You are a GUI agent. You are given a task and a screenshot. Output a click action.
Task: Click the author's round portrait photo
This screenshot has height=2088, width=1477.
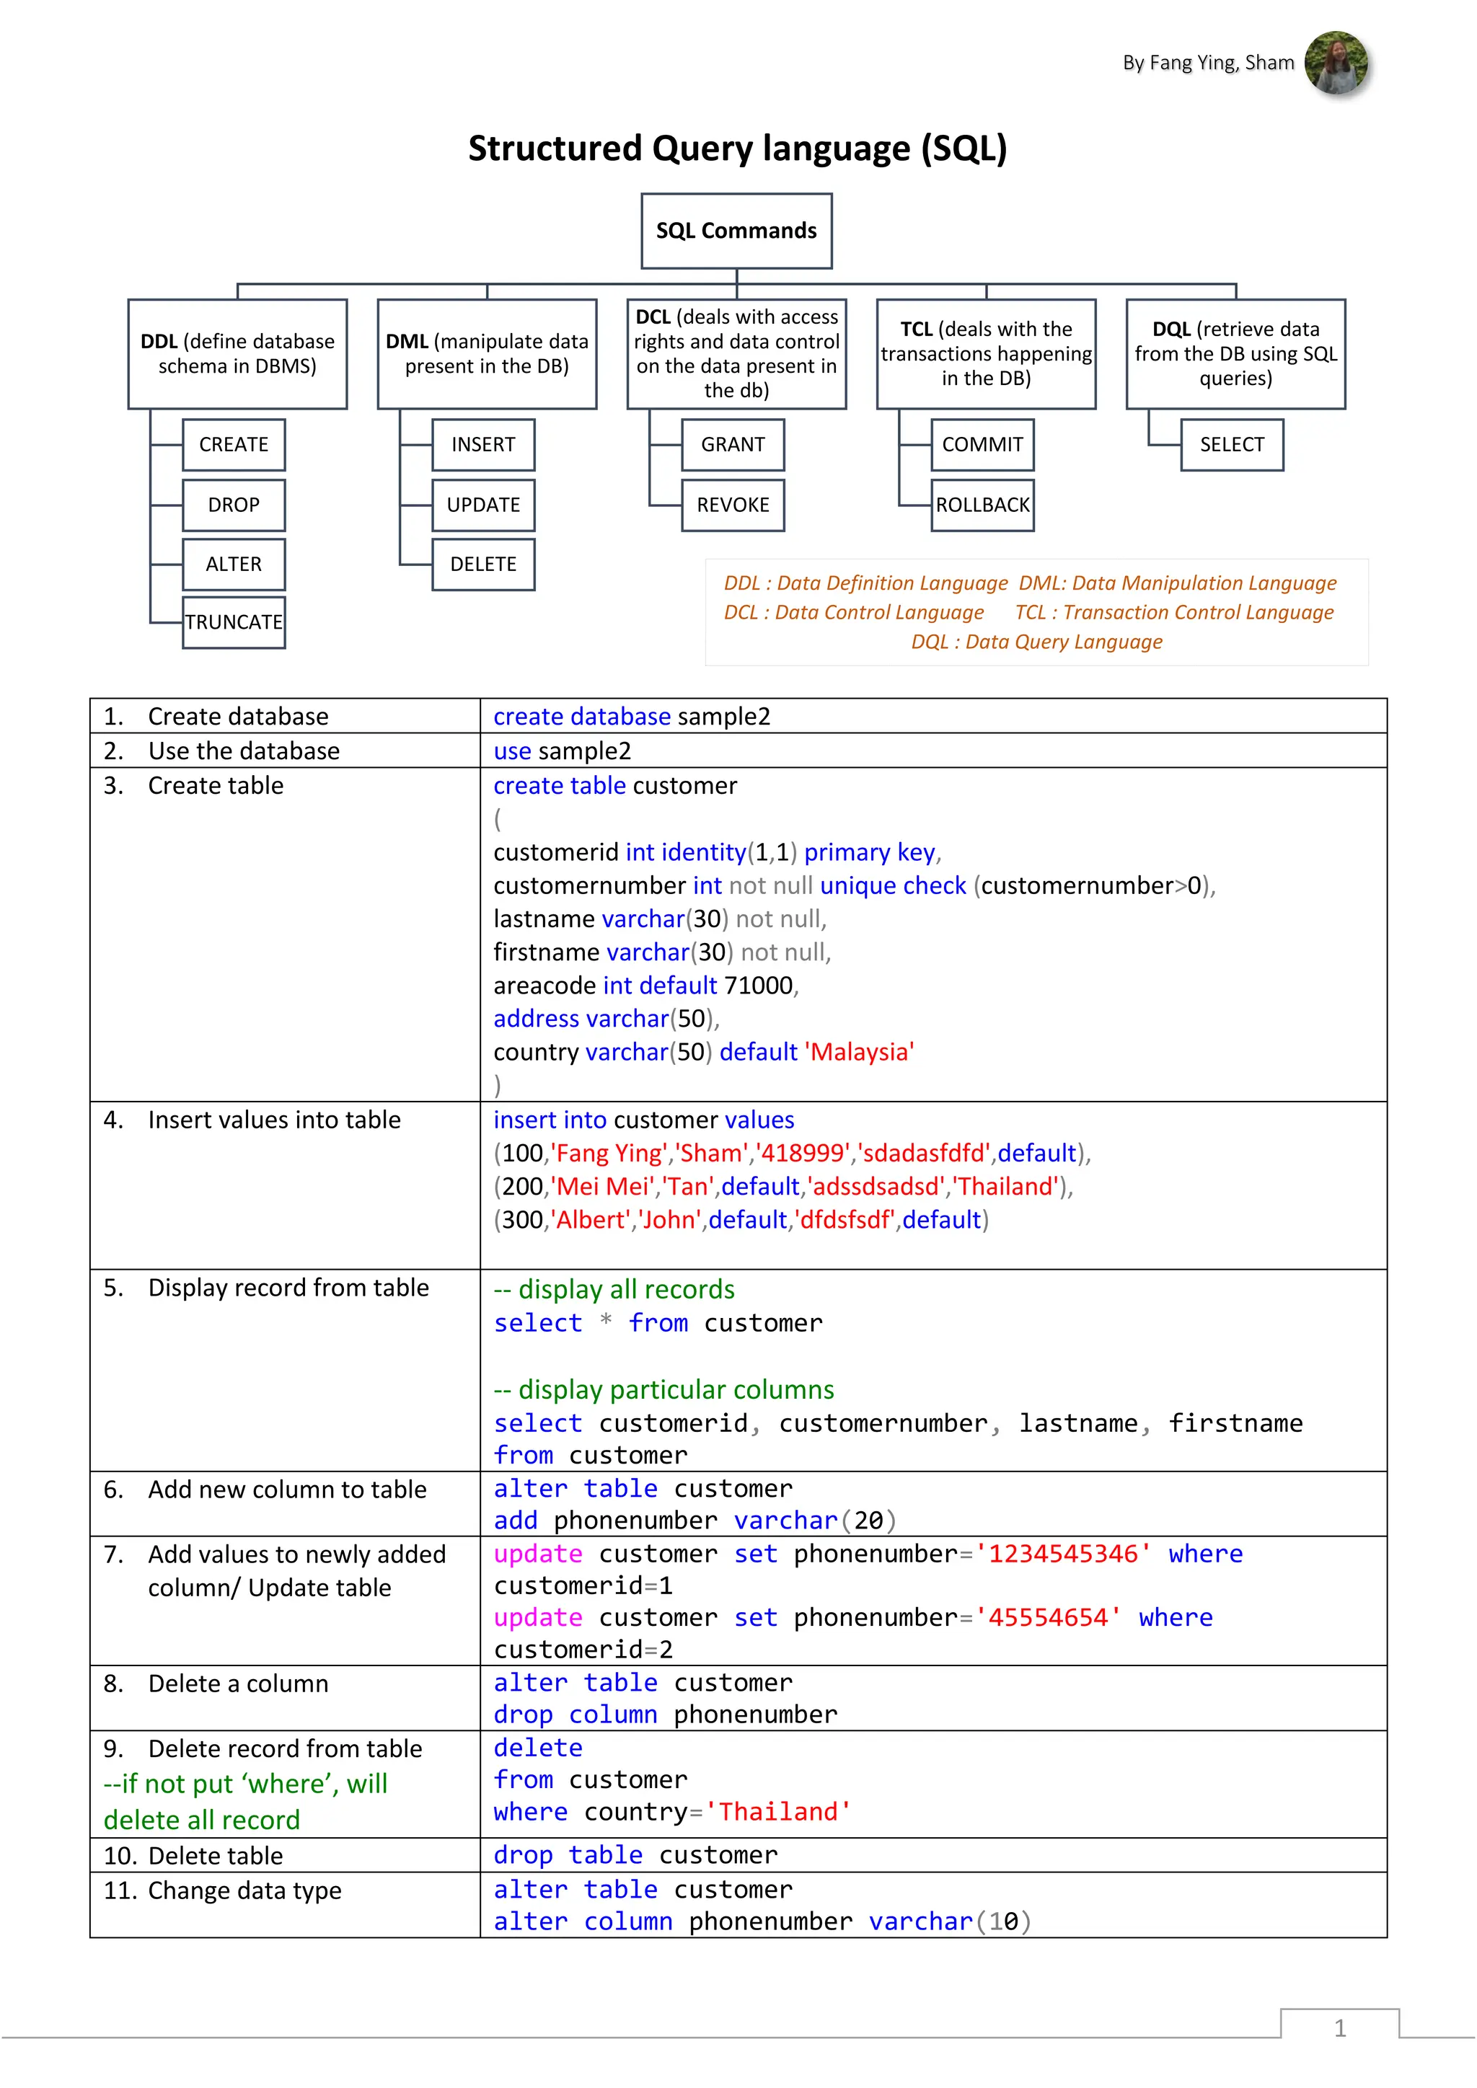(x=1335, y=63)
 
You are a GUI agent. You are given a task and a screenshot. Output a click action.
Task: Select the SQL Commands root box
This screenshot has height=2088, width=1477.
(x=736, y=231)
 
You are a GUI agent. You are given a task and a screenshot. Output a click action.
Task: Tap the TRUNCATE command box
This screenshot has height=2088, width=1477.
(x=234, y=622)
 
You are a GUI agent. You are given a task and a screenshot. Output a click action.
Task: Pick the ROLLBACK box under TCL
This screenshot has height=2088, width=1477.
(x=982, y=505)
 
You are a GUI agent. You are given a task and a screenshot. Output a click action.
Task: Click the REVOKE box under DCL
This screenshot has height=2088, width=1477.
(x=733, y=505)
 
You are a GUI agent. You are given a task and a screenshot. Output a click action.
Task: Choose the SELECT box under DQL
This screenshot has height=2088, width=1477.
(x=1232, y=445)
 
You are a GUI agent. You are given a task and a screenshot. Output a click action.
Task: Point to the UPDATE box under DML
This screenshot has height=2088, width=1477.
(x=483, y=505)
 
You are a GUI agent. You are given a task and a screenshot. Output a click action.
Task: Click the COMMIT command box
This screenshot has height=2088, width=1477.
(x=982, y=445)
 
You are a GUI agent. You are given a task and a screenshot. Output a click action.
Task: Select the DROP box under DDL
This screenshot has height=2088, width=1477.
(x=234, y=505)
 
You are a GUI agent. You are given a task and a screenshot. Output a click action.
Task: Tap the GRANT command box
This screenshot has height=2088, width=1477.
(x=733, y=445)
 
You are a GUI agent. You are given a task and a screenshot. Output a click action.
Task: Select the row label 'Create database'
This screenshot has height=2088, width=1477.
(x=238, y=717)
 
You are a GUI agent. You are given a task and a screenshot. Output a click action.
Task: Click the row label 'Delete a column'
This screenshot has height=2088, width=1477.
(x=238, y=1684)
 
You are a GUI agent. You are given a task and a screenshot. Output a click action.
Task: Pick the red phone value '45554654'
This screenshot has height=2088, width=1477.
(x=1048, y=1617)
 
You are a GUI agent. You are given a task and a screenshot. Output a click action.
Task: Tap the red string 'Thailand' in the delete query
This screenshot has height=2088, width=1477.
(x=778, y=1812)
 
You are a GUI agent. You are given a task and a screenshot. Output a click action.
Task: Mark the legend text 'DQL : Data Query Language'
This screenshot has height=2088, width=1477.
(x=1037, y=642)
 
